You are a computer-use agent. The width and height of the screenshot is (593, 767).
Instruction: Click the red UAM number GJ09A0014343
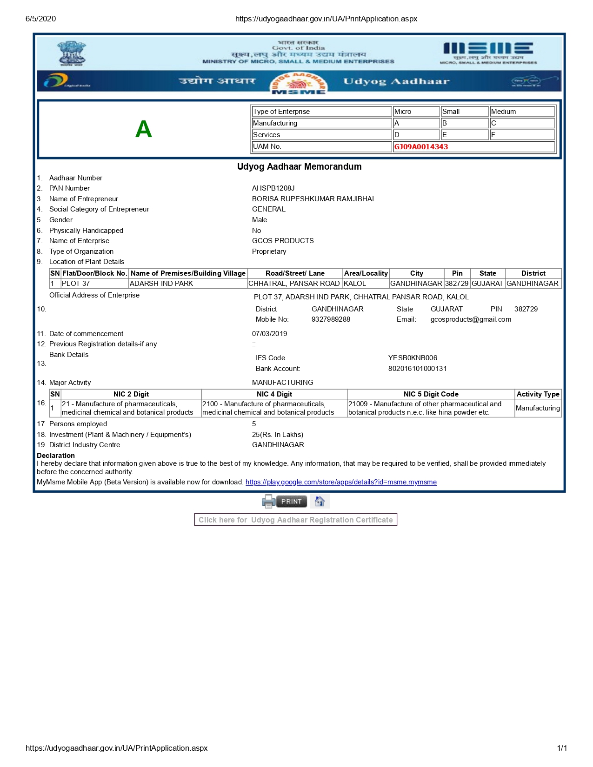click(x=421, y=147)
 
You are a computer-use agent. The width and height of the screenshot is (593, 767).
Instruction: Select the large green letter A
click(x=144, y=129)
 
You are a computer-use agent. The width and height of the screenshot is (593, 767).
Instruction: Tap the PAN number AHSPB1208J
click(x=273, y=188)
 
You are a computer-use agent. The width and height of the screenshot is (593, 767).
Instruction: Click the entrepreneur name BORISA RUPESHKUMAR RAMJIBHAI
click(x=313, y=199)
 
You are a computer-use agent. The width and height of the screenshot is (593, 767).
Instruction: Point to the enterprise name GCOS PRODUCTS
click(x=283, y=241)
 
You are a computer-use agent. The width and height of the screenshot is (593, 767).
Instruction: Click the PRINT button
click(x=291, y=502)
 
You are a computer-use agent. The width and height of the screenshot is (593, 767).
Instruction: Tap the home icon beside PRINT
click(x=320, y=502)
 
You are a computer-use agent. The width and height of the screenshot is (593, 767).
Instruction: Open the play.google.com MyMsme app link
click(x=341, y=482)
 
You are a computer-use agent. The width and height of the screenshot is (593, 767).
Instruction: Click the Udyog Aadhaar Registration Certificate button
click(x=296, y=520)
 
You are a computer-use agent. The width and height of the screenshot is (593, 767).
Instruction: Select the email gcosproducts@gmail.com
click(x=471, y=319)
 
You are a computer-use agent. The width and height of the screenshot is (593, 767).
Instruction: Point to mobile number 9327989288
click(x=331, y=319)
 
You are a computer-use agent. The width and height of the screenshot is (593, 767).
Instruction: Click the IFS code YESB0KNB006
click(x=413, y=358)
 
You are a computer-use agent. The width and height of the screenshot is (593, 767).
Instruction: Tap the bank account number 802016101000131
click(x=417, y=369)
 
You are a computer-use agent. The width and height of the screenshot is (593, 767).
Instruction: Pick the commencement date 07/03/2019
click(x=269, y=334)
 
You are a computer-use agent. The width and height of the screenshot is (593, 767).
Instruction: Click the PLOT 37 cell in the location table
click(x=76, y=284)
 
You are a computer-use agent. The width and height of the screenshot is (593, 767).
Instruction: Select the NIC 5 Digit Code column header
click(x=431, y=394)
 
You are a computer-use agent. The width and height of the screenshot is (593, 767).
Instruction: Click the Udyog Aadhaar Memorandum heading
click(x=299, y=166)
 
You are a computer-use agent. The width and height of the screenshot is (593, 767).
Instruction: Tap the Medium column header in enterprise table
click(x=503, y=112)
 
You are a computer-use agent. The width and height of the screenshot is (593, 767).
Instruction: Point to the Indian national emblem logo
click(x=71, y=53)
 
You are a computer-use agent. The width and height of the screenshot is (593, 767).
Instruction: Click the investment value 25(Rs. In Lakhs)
click(x=277, y=435)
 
